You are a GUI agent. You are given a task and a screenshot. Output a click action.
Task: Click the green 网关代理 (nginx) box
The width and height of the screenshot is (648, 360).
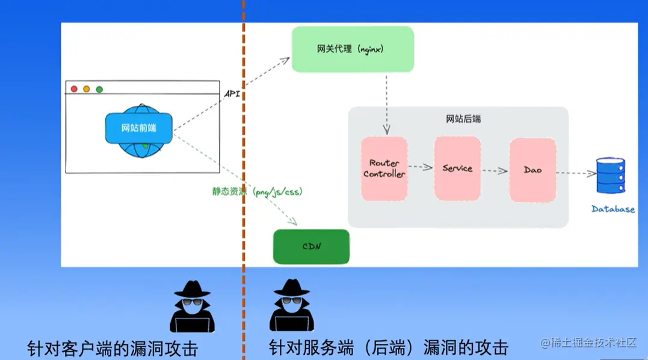point(352,49)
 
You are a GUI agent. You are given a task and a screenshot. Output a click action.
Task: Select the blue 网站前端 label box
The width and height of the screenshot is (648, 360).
point(138,128)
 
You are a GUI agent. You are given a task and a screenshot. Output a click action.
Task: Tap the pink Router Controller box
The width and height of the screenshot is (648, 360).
point(384,169)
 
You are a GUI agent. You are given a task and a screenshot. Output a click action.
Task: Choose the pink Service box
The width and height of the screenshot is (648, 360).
point(457,169)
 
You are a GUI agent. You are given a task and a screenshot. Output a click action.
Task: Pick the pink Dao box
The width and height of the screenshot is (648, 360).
point(532,170)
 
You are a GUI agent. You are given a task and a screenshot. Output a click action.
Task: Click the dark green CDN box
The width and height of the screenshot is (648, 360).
point(311,247)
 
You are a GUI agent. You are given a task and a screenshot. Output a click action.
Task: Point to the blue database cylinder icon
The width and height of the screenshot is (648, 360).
point(610,175)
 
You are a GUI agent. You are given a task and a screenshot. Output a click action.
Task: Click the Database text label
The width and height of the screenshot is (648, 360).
point(613,209)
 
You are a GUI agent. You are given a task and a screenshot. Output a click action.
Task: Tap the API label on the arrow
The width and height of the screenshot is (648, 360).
point(233,94)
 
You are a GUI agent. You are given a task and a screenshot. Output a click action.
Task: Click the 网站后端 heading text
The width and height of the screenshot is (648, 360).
point(463,119)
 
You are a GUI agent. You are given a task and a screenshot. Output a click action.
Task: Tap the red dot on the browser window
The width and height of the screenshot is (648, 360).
point(75,89)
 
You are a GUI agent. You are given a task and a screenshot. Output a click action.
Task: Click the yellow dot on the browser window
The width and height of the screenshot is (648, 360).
point(87,89)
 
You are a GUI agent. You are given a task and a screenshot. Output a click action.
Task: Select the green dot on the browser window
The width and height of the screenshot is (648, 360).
point(99,89)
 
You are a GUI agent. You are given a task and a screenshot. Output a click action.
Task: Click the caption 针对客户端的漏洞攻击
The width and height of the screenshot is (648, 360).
point(113,348)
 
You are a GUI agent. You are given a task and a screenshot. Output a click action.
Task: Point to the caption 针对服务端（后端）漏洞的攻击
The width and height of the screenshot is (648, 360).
point(388,347)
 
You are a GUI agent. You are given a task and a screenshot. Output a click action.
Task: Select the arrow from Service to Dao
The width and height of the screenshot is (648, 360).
point(495,170)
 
